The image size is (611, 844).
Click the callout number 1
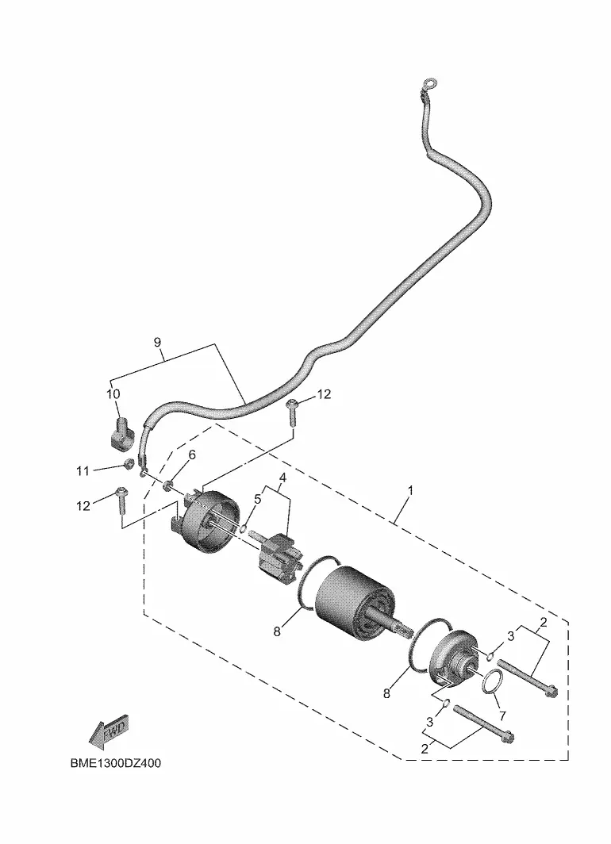click(410, 491)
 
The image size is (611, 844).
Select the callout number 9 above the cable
click(157, 343)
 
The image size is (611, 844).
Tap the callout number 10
click(113, 394)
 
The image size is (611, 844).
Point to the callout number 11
click(82, 471)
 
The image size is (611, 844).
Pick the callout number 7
click(503, 716)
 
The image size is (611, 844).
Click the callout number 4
click(282, 478)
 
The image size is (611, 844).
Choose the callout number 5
click(257, 499)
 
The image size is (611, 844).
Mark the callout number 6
click(192, 455)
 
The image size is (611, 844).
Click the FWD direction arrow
click(110, 732)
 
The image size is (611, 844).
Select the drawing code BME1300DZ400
click(115, 763)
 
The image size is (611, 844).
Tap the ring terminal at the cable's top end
click(430, 83)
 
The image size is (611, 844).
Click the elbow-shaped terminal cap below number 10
click(121, 432)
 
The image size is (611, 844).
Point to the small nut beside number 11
click(129, 463)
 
